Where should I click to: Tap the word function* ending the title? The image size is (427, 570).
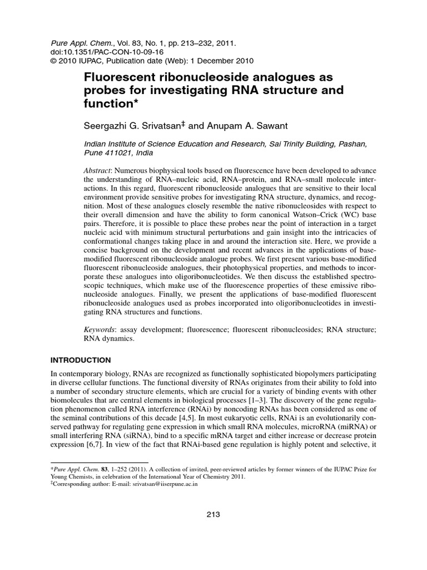click(x=111, y=104)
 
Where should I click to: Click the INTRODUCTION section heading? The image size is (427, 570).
click(x=81, y=360)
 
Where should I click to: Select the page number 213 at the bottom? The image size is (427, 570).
click(x=213, y=514)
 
